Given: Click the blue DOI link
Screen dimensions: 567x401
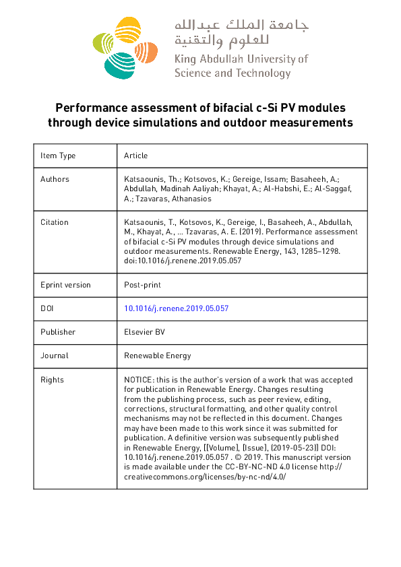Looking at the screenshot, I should [177, 308].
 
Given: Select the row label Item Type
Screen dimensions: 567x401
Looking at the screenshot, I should [58, 156].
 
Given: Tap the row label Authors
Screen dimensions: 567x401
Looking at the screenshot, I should [55, 179].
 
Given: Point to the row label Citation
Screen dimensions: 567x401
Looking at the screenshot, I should [55, 222].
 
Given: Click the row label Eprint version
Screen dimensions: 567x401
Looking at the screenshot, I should [65, 285].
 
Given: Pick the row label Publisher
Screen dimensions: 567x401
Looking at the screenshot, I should [58, 332].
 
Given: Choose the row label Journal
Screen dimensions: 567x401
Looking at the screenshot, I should [55, 356].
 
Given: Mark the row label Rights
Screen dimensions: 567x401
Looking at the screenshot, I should [53, 380].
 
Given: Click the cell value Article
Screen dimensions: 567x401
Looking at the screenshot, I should [135, 156].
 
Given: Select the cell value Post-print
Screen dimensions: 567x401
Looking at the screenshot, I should [141, 285].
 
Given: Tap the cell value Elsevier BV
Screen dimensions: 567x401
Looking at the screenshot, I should [144, 332].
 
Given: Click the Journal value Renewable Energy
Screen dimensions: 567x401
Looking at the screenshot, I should [158, 356].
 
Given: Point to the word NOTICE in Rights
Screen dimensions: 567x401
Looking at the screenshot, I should [137, 380].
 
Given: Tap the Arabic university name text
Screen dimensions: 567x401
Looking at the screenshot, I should [241, 34].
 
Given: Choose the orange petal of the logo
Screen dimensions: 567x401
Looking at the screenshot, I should [150, 51].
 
